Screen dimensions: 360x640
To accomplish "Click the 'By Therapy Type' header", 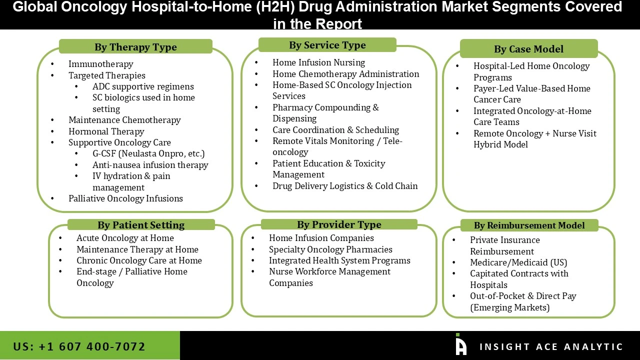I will tap(135, 47).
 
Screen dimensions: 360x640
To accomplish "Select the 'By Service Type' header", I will tap(327, 45).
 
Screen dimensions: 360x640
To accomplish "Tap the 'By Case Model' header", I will tap(528, 49).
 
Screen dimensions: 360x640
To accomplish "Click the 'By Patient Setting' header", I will tap(141, 225).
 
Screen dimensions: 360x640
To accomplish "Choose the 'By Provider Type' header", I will tap(339, 224).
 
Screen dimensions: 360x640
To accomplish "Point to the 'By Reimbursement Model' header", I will tap(529, 225).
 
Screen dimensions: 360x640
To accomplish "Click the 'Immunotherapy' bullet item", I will tap(100, 64).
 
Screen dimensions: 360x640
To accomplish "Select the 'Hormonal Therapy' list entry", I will tap(106, 131).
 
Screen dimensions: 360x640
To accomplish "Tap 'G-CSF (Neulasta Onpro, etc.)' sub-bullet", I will tap(148, 153).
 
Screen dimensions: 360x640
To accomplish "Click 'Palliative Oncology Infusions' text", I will tap(125, 198).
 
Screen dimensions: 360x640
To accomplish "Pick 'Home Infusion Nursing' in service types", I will tap(318, 62).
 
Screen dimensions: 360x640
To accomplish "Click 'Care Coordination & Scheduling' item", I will tap(335, 130).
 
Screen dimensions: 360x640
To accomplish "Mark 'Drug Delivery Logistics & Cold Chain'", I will tap(345, 186).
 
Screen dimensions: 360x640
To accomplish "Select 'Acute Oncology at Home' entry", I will tap(125, 238).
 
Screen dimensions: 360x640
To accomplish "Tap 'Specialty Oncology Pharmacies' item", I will tap(330, 249).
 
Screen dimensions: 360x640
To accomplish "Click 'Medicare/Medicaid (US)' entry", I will tap(518, 262).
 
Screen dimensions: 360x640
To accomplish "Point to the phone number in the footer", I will tap(79, 346).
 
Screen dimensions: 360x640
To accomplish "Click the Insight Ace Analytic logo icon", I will tap(460, 345).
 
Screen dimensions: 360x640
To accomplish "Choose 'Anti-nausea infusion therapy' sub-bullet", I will tap(150, 165).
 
